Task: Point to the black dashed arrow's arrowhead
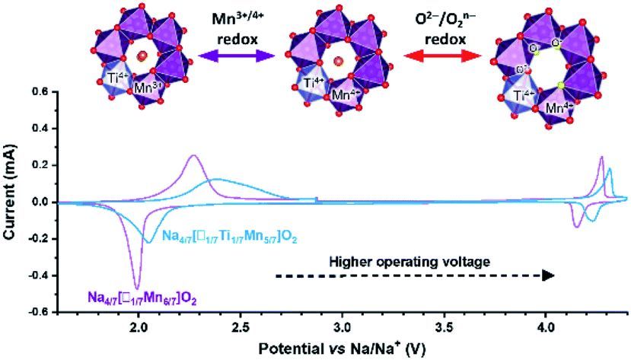point(547,276)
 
